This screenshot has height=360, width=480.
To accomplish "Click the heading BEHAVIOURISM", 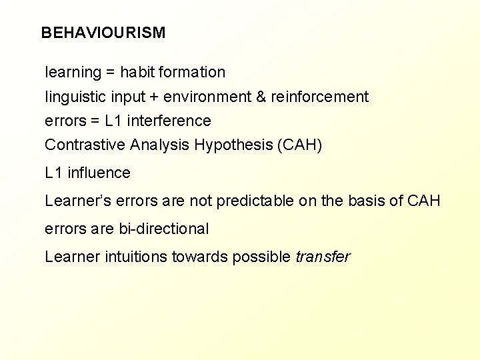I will coord(103,33).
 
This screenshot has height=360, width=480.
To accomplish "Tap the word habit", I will coord(137,72).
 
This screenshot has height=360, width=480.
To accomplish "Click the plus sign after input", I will coord(154,97).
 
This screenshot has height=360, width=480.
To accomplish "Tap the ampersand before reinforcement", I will coord(262,97).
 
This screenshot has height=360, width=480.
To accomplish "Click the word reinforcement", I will coord(319,97).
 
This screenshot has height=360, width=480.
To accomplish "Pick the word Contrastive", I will coord(85,145).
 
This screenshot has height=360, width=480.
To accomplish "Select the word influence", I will coord(99,173).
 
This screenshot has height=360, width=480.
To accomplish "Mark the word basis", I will coord(365,201).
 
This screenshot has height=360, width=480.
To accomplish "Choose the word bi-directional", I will coord(163,229).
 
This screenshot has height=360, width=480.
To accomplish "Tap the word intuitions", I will coord(137,257).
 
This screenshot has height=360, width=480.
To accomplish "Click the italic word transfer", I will coord(322,257).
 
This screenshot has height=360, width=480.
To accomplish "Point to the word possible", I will coord(261,257).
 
